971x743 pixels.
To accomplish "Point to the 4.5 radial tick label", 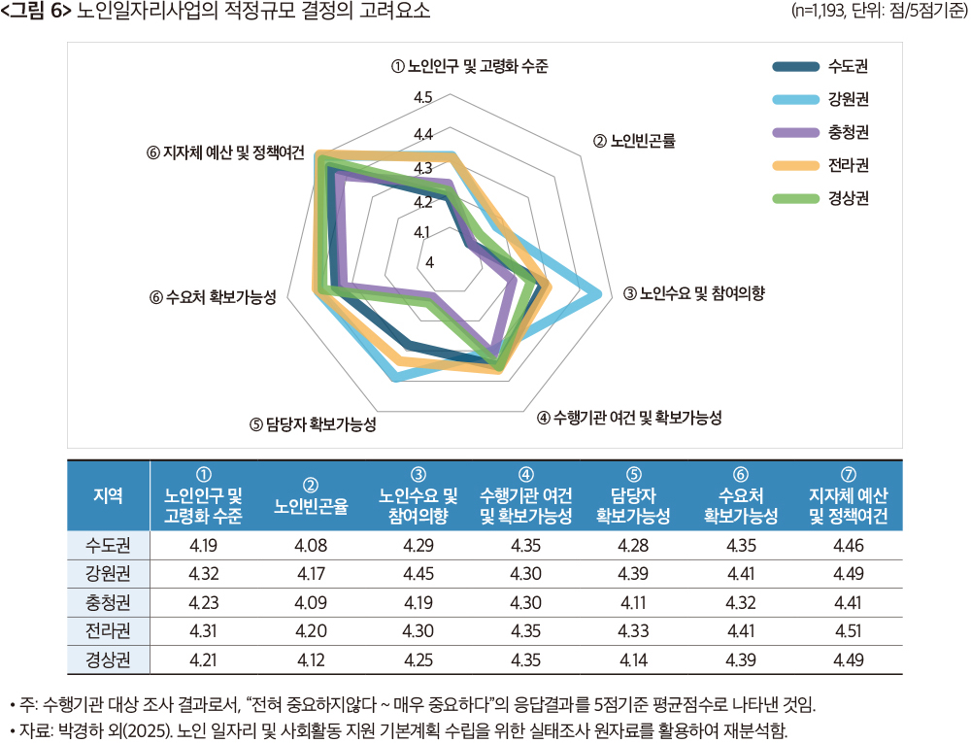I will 422,97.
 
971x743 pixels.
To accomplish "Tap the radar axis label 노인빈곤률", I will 633,141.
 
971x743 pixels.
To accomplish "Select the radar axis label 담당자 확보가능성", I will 313,424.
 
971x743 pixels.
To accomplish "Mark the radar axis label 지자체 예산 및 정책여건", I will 225,153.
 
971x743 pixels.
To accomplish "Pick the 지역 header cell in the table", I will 108,494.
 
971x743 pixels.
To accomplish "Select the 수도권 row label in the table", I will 108,546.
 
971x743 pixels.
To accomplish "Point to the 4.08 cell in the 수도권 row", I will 311,546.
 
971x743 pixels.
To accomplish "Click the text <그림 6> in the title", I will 37,12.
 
